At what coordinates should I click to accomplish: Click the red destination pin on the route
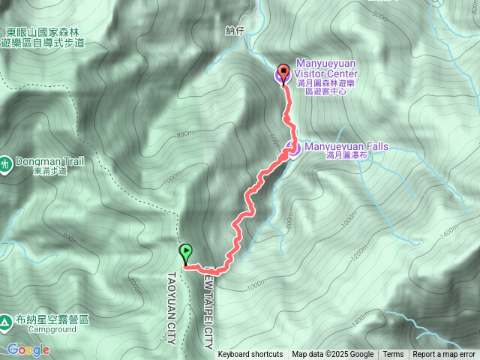coord(283,73)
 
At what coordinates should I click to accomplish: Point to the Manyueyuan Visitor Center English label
coord(326,69)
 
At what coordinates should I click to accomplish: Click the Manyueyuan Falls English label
coord(345,146)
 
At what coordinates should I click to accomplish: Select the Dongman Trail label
coord(47,161)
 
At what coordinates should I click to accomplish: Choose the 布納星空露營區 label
coord(51,319)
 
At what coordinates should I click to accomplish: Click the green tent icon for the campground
coord(5,321)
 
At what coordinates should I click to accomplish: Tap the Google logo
coord(28,349)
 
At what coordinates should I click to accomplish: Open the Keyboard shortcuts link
coord(250,355)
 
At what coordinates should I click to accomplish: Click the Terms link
coord(393,355)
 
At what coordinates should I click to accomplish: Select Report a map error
coord(444,355)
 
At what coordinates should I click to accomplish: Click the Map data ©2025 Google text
coord(332,355)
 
